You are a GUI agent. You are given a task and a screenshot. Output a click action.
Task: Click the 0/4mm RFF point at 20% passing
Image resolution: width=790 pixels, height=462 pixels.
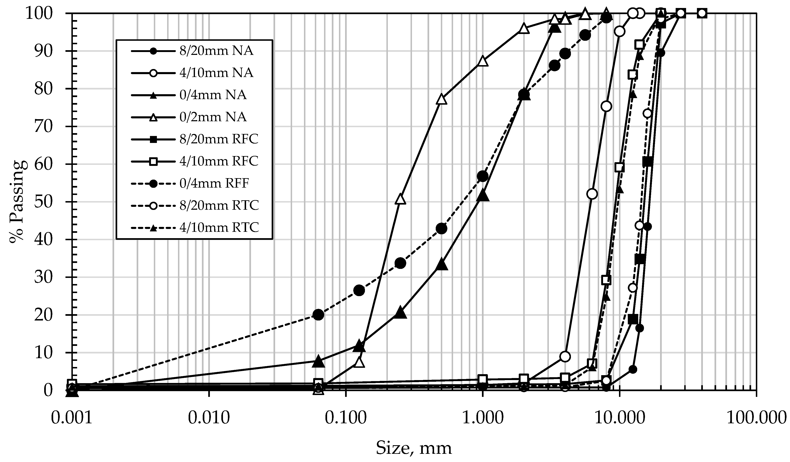[x=318, y=315]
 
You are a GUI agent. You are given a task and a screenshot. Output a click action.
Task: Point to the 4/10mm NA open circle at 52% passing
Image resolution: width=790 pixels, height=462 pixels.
[x=592, y=194]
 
